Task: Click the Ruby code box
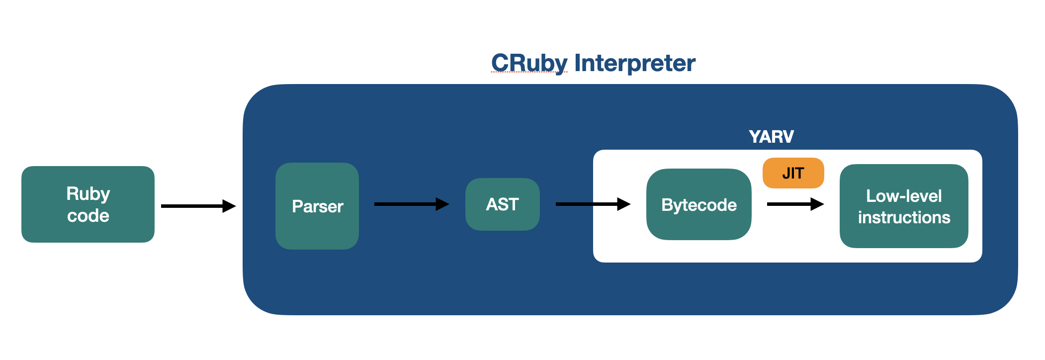pyautogui.click(x=88, y=204)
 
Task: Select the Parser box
pyautogui.click(x=317, y=206)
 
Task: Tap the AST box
pyautogui.click(x=502, y=204)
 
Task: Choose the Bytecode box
pyautogui.click(x=698, y=204)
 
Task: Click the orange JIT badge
pyautogui.click(x=793, y=173)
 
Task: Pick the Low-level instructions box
pyautogui.click(x=904, y=206)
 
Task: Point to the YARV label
pyautogui.click(x=771, y=137)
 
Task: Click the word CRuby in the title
pyautogui.click(x=529, y=63)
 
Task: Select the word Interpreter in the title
pyautogui.click(x=635, y=63)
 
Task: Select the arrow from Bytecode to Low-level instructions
pyautogui.click(x=795, y=204)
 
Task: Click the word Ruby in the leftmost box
pyautogui.click(x=88, y=193)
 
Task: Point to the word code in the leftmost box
pyautogui.click(x=88, y=216)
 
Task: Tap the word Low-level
pyautogui.click(x=904, y=196)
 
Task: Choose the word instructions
pyautogui.click(x=904, y=217)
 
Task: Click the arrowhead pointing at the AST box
pyautogui.click(x=442, y=204)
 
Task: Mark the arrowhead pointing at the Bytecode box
pyautogui.click(x=624, y=204)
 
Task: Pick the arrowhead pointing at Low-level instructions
pyautogui.click(x=817, y=204)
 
